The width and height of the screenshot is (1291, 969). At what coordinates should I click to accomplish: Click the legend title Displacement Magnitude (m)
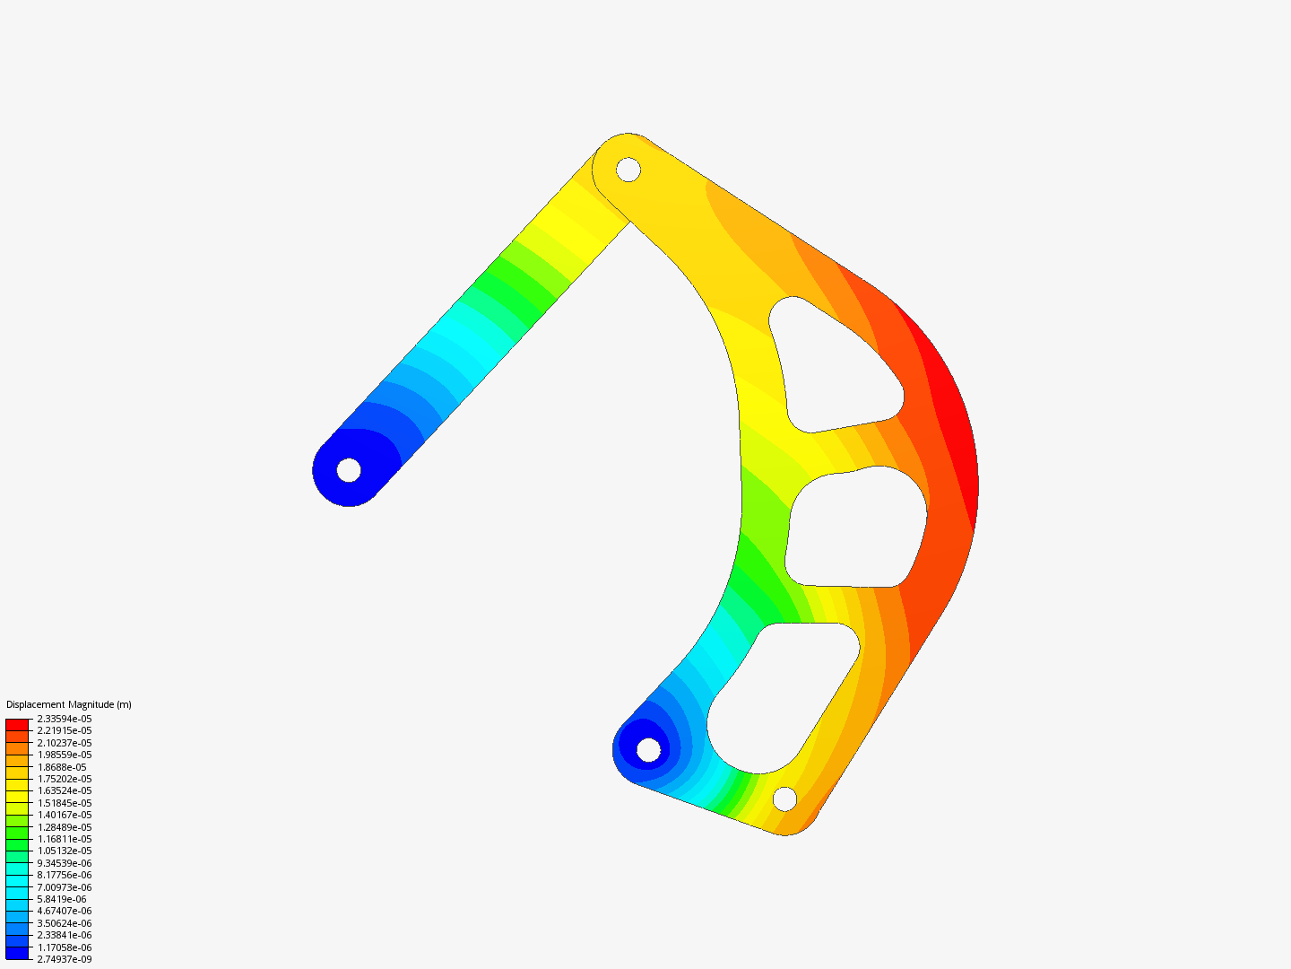tap(69, 704)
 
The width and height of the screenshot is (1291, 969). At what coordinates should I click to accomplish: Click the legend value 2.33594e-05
tap(64, 719)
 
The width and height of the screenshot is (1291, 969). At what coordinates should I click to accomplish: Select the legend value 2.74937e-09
tap(64, 959)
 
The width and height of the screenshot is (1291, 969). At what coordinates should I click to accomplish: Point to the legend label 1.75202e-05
tap(64, 779)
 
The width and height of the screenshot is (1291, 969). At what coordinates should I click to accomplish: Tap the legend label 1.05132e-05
tap(64, 851)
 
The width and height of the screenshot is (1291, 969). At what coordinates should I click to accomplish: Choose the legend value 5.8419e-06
tap(61, 899)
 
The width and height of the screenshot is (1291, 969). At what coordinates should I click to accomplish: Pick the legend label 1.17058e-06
tap(64, 947)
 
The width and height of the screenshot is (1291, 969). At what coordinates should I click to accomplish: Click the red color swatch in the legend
tap(17, 724)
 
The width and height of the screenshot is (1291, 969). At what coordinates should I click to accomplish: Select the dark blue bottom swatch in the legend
tap(17, 953)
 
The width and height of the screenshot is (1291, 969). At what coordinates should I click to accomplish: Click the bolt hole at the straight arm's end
tap(349, 469)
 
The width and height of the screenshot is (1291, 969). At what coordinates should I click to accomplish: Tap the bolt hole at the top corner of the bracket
tap(628, 169)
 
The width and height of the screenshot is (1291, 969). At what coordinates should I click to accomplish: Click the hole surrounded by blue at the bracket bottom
tap(648, 748)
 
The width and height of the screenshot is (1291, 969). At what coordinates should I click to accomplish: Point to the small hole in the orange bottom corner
tap(784, 798)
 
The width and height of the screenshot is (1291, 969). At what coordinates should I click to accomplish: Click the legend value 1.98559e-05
tap(64, 755)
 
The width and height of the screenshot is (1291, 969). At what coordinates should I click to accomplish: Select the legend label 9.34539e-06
tap(64, 863)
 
